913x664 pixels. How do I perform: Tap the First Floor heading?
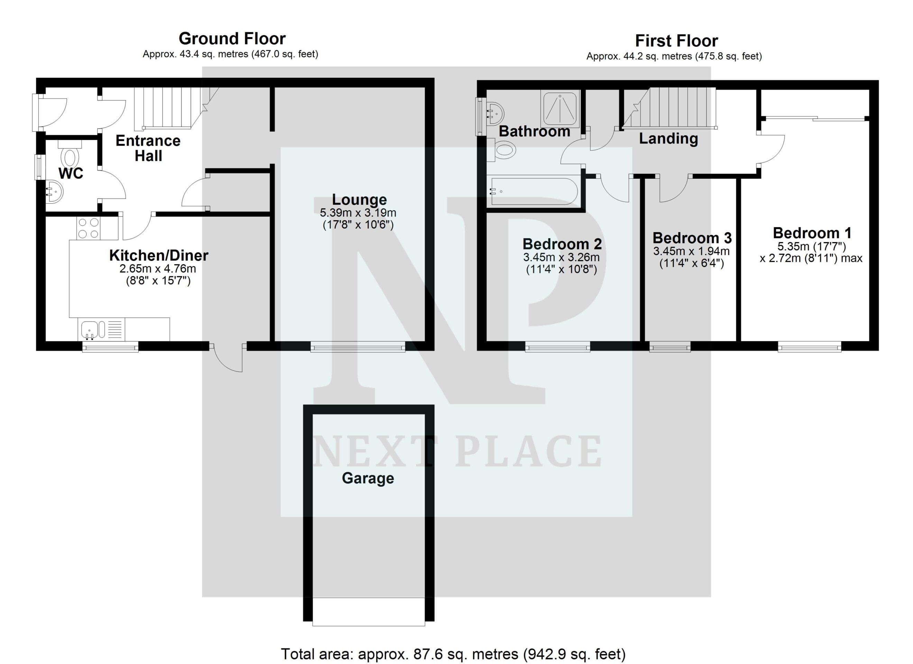(676, 41)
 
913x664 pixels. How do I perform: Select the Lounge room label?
(359, 199)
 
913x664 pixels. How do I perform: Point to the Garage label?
(368, 478)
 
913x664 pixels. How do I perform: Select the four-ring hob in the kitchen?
(89, 228)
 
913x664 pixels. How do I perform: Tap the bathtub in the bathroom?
(534, 192)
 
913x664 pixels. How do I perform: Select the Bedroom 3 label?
(692, 238)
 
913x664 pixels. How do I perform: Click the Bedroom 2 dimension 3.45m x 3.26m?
(561, 257)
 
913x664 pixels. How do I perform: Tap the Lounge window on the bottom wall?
(358, 346)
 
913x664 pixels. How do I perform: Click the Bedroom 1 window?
(809, 346)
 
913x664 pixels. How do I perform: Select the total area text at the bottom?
(453, 654)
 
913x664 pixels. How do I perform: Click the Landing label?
(668, 139)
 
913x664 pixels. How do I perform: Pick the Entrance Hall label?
(148, 148)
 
